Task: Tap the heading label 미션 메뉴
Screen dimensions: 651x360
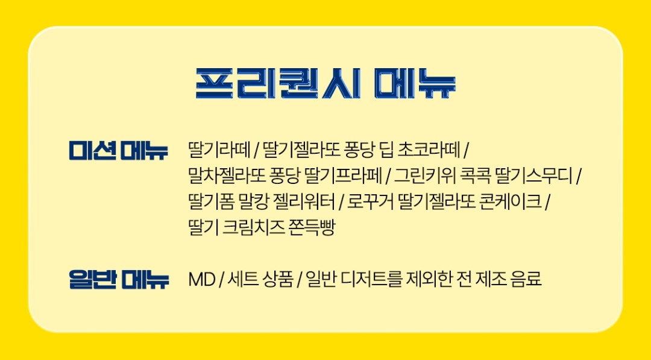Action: pyautogui.click(x=118, y=151)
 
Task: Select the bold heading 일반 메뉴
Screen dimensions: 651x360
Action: pyautogui.click(x=119, y=280)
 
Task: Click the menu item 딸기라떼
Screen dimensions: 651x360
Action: pyautogui.click(x=219, y=150)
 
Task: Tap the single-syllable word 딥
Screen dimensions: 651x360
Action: pyautogui.click(x=386, y=150)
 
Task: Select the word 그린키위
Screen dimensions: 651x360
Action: pyautogui.click(x=424, y=176)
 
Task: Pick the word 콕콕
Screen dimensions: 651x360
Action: pyautogui.click(x=473, y=176)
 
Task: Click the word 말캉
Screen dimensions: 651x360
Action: pyautogui.click(x=253, y=202)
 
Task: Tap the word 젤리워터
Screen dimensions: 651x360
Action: pyautogui.click(x=303, y=202)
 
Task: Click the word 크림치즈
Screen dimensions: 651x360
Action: pyautogui.click(x=254, y=228)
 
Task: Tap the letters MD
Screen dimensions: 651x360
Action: pyautogui.click(x=202, y=280)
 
